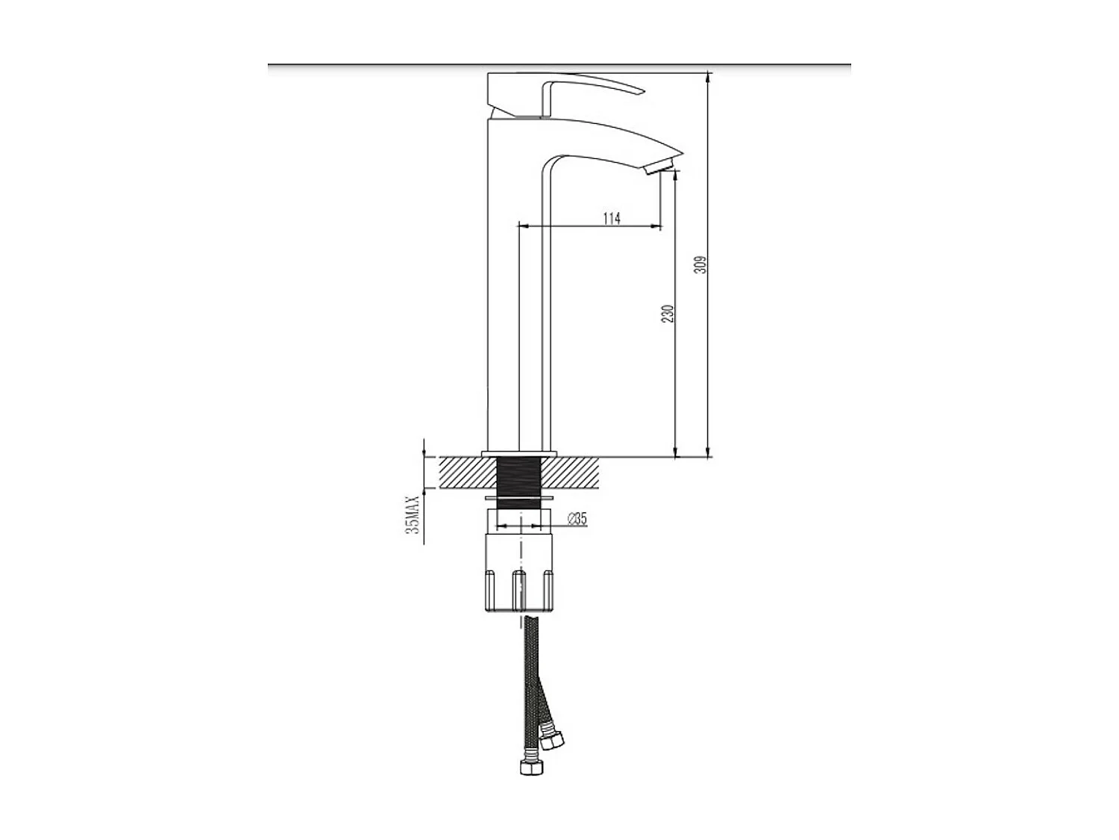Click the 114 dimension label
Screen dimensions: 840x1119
pos(611,218)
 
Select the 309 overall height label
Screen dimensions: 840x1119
pos(700,264)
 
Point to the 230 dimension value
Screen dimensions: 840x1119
pos(668,313)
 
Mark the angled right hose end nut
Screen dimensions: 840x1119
pos(553,741)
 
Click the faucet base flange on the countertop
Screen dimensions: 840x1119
pos(520,454)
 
